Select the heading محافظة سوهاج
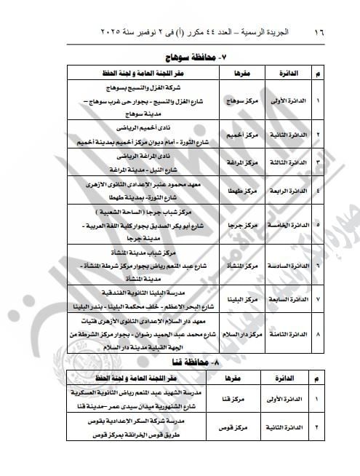[x=177, y=56]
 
